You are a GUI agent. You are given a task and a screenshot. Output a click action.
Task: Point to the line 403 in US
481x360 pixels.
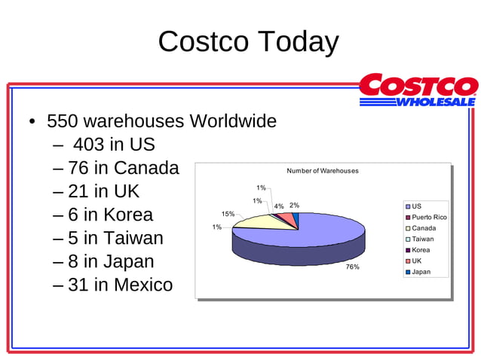tap(113, 145)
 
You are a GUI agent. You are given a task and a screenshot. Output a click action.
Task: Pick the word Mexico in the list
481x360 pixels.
tap(142, 285)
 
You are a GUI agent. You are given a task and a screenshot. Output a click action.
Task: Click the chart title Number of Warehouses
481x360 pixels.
tap(323, 171)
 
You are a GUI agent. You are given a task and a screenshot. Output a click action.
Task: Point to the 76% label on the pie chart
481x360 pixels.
tap(352, 267)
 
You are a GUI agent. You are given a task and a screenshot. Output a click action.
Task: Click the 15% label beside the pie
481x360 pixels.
tap(228, 214)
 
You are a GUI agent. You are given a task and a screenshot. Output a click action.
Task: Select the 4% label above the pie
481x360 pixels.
tap(279, 206)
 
